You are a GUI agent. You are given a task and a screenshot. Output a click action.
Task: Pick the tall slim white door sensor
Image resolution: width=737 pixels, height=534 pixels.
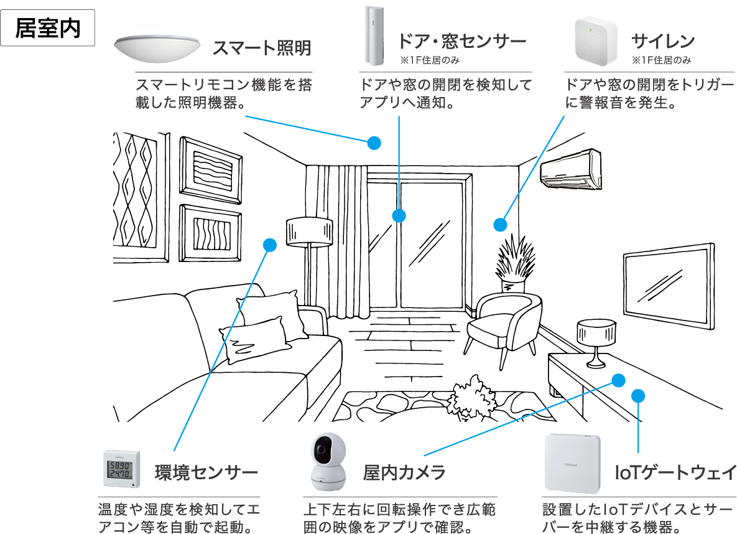375,37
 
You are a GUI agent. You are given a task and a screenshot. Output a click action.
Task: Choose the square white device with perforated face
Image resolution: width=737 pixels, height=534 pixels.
596,42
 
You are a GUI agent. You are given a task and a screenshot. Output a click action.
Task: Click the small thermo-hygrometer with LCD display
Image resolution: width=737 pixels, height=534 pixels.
122,472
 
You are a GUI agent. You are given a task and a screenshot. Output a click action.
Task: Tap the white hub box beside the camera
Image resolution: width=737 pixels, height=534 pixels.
573,464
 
